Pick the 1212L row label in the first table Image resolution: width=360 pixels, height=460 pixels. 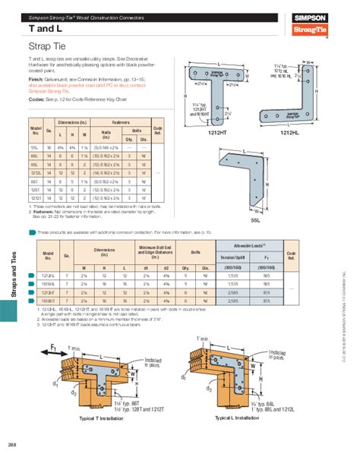tap(36, 173)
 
